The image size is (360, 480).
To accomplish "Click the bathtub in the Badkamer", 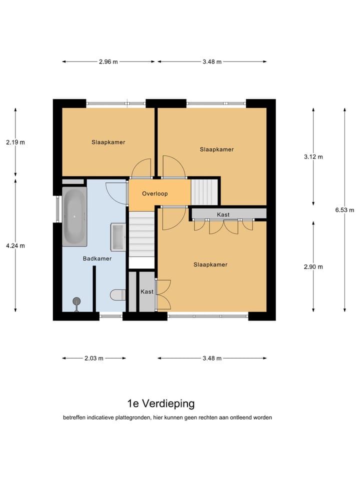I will coord(74,217).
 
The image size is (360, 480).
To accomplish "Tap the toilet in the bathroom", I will coord(118,294).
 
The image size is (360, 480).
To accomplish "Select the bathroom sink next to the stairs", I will coord(118,237).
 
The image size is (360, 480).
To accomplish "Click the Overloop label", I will coord(154,193).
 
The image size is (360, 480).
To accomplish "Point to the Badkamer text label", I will coord(97,258).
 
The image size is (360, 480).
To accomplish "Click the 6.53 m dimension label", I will coord(344,210).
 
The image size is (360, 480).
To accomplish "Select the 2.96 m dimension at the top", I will coord(108,62).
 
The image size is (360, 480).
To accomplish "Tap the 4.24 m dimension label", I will coord(15,245).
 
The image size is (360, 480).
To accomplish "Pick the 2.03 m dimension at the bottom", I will coord(94,358).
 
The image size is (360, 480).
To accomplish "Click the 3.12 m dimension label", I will coord(313,156).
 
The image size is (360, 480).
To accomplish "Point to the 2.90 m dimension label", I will coord(313,266).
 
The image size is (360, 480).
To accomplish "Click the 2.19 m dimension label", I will coord(15,142).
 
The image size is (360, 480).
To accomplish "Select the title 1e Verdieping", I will coord(161,403).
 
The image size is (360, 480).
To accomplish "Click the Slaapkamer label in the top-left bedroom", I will coord(108,142).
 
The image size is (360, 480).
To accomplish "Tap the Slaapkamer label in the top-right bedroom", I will coord(216,149).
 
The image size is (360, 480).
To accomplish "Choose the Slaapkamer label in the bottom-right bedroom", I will coord(210,264).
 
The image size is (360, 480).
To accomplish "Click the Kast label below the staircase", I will coord(146,291).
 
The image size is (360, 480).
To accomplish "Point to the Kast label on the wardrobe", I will coord(223,214).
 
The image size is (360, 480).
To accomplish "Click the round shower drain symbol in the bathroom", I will coord(76,301).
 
